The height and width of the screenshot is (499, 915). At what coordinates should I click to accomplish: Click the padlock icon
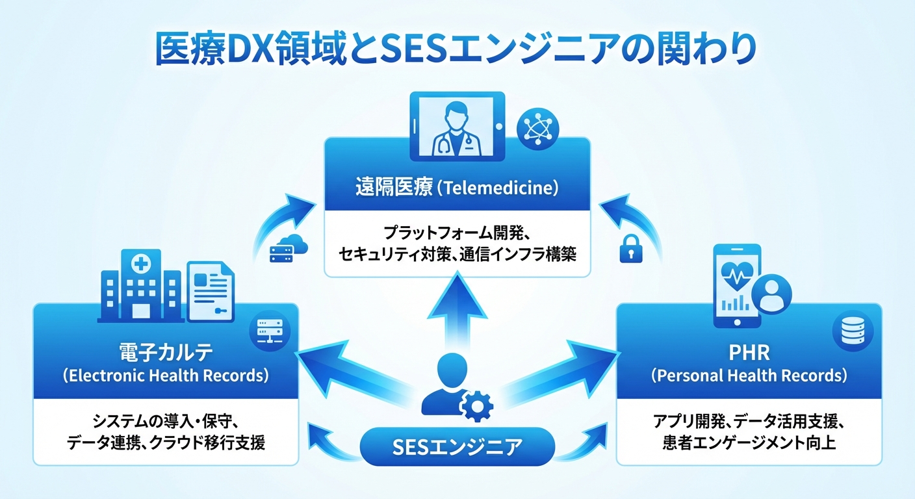tap(630, 248)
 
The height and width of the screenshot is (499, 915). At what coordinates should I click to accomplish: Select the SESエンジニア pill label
tap(457, 446)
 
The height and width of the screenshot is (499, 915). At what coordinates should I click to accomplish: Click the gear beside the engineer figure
tap(474, 405)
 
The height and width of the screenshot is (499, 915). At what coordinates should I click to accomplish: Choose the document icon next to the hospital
tap(211, 291)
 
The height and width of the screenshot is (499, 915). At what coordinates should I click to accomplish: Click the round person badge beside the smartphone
tap(771, 294)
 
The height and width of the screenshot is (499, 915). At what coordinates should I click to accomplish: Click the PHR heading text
tap(749, 353)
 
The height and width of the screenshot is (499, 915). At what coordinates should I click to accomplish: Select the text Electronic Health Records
tap(166, 376)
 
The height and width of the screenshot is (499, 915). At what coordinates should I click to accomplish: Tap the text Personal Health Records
tap(749, 376)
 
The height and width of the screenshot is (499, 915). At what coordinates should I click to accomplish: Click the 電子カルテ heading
tap(166, 353)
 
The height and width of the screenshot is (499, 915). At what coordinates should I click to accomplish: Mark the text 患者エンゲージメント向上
tap(749, 444)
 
